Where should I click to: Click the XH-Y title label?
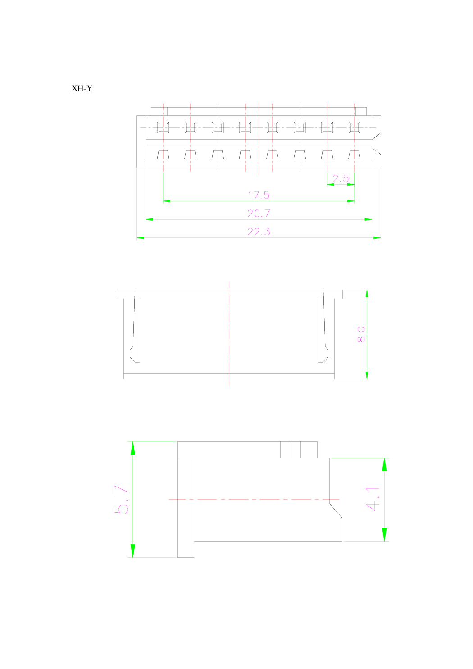(x=82, y=88)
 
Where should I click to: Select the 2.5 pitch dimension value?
(x=341, y=178)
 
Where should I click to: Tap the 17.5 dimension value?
(x=258, y=195)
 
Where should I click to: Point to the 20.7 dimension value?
(x=259, y=213)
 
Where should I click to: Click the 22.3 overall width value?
(x=259, y=232)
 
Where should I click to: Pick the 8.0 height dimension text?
(x=361, y=334)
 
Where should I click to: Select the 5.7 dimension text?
(x=121, y=499)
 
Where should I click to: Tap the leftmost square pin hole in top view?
(x=163, y=127)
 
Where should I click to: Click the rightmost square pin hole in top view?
(x=355, y=127)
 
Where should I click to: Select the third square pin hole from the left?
(x=218, y=127)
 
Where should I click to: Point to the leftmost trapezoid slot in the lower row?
(x=163, y=155)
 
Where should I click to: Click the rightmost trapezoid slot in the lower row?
(x=355, y=155)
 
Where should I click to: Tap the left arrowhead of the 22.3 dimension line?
(x=140, y=237)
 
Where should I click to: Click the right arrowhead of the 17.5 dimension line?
(x=351, y=201)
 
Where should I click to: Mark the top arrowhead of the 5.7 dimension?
(x=132, y=448)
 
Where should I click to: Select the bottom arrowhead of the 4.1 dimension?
(x=384, y=535)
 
